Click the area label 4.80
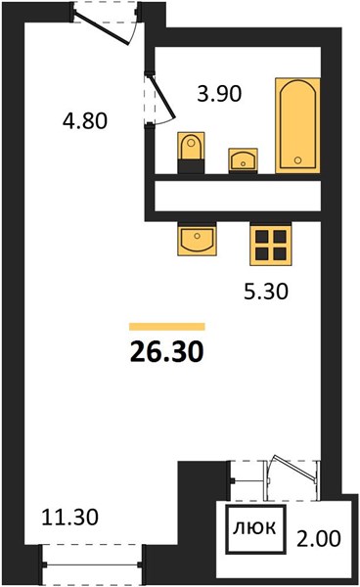click(85, 121)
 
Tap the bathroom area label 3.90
click(219, 94)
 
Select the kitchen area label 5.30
click(266, 292)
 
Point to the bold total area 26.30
click(167, 352)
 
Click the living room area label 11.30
click(70, 517)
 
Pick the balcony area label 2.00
click(319, 538)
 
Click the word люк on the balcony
click(255, 527)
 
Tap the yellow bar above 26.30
click(167, 327)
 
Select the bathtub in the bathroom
click(297, 125)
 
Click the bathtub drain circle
click(297, 160)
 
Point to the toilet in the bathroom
click(191, 153)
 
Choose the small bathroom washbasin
click(244, 160)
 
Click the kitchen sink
click(197, 240)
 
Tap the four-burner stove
click(271, 245)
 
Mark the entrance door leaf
click(102, 27)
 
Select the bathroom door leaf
click(163, 96)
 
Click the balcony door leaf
click(294, 468)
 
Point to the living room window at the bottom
click(92, 564)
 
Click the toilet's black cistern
click(191, 166)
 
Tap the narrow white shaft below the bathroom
click(238, 197)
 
